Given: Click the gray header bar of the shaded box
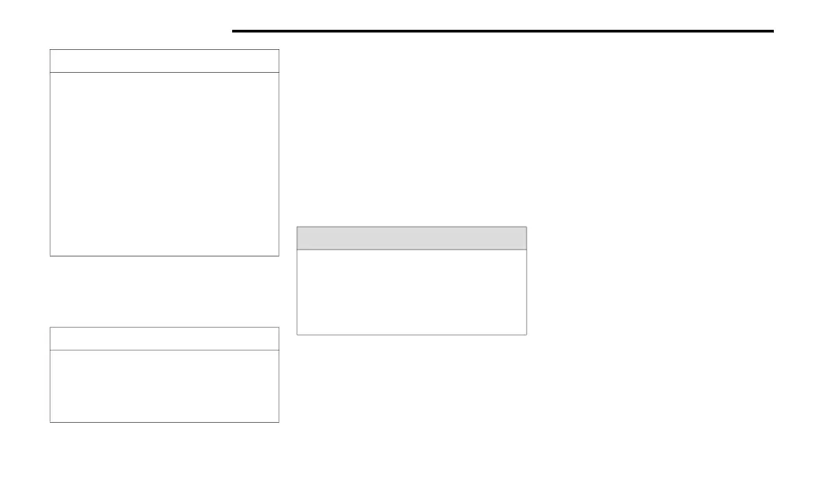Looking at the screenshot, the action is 411,238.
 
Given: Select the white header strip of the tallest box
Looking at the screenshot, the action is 164,61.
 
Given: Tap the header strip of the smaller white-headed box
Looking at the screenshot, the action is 164,339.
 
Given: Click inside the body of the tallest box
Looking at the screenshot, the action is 164,164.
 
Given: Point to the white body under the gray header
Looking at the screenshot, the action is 411,292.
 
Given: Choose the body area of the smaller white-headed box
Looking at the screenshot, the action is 164,386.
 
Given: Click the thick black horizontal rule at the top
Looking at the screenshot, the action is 502,31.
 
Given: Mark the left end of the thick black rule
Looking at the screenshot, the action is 233,31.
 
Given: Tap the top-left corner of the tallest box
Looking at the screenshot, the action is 51,50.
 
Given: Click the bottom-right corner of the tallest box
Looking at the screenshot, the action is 278,256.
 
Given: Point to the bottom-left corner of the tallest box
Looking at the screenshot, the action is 51,256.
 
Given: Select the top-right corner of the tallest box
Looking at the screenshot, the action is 278,50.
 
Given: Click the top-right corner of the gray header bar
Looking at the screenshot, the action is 526,227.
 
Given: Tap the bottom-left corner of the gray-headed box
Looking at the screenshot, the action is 297,334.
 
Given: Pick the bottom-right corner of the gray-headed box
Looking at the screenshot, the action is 526,334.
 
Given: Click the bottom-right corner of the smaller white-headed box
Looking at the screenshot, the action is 278,421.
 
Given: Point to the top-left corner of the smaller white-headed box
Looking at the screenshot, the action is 51,328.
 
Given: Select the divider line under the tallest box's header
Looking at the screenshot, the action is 164,72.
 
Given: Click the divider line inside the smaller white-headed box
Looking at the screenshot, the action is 164,350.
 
